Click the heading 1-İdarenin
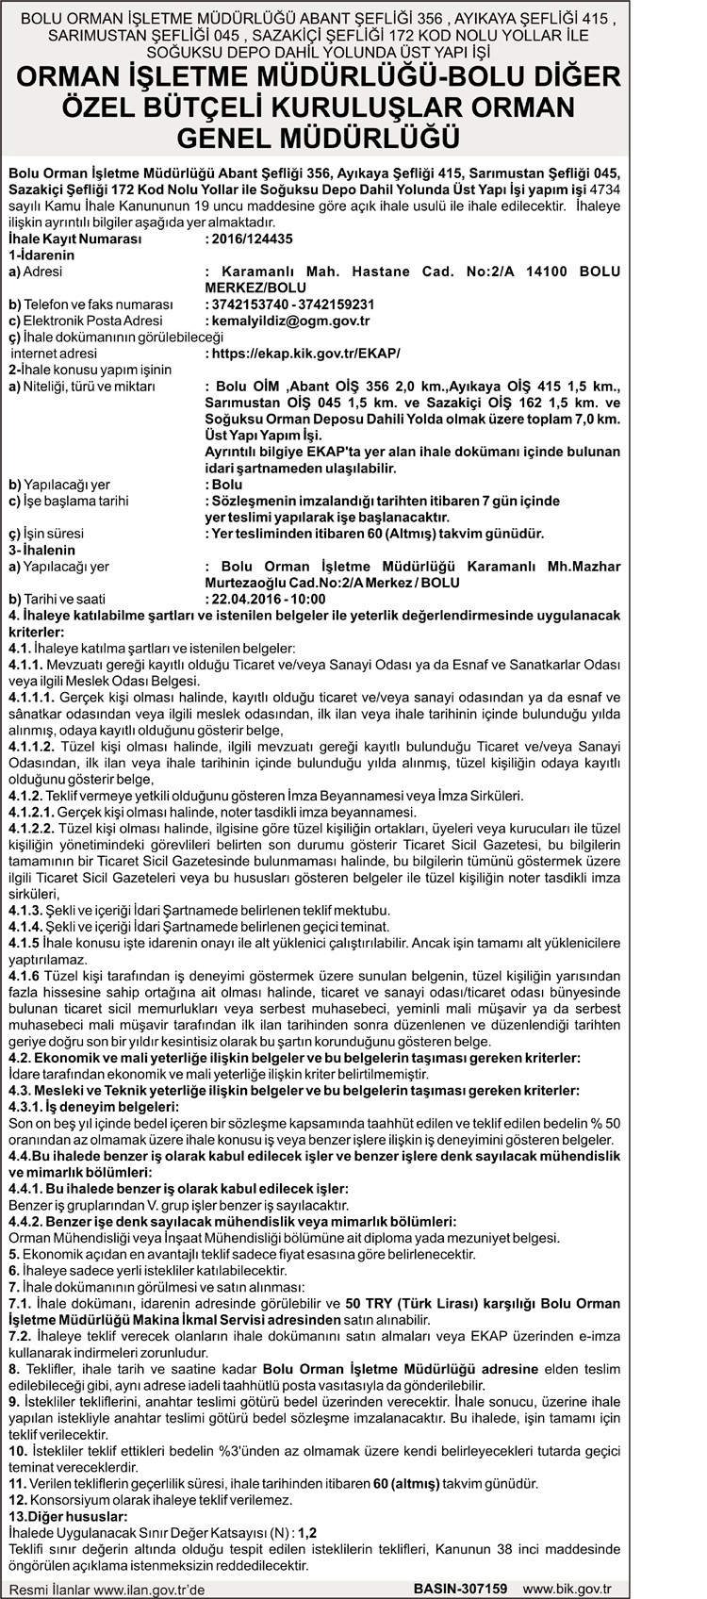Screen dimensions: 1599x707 coord(41,256)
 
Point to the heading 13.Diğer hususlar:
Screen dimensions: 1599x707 coord(66,1516)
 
